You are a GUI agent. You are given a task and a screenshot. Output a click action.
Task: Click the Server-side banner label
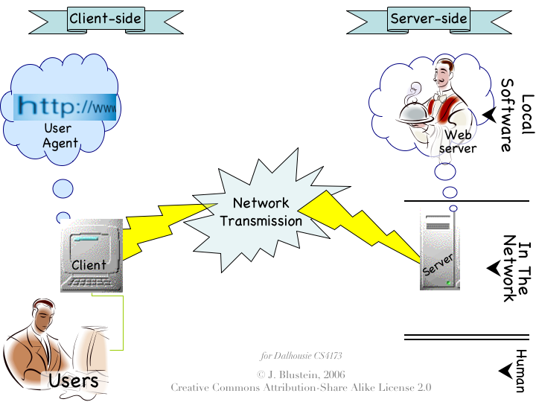click(428, 19)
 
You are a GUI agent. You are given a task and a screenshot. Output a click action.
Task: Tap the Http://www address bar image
click(66, 106)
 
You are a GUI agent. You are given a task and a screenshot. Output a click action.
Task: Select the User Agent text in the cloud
click(59, 135)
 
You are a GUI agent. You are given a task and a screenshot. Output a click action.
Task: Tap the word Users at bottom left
click(73, 381)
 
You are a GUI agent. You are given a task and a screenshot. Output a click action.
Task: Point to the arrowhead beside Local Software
click(490, 115)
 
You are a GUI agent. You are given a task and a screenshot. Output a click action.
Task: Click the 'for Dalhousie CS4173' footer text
click(301, 356)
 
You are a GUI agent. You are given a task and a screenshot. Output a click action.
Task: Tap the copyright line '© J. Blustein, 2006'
click(301, 374)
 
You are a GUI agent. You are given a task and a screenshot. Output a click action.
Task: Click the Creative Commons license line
click(301, 387)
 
